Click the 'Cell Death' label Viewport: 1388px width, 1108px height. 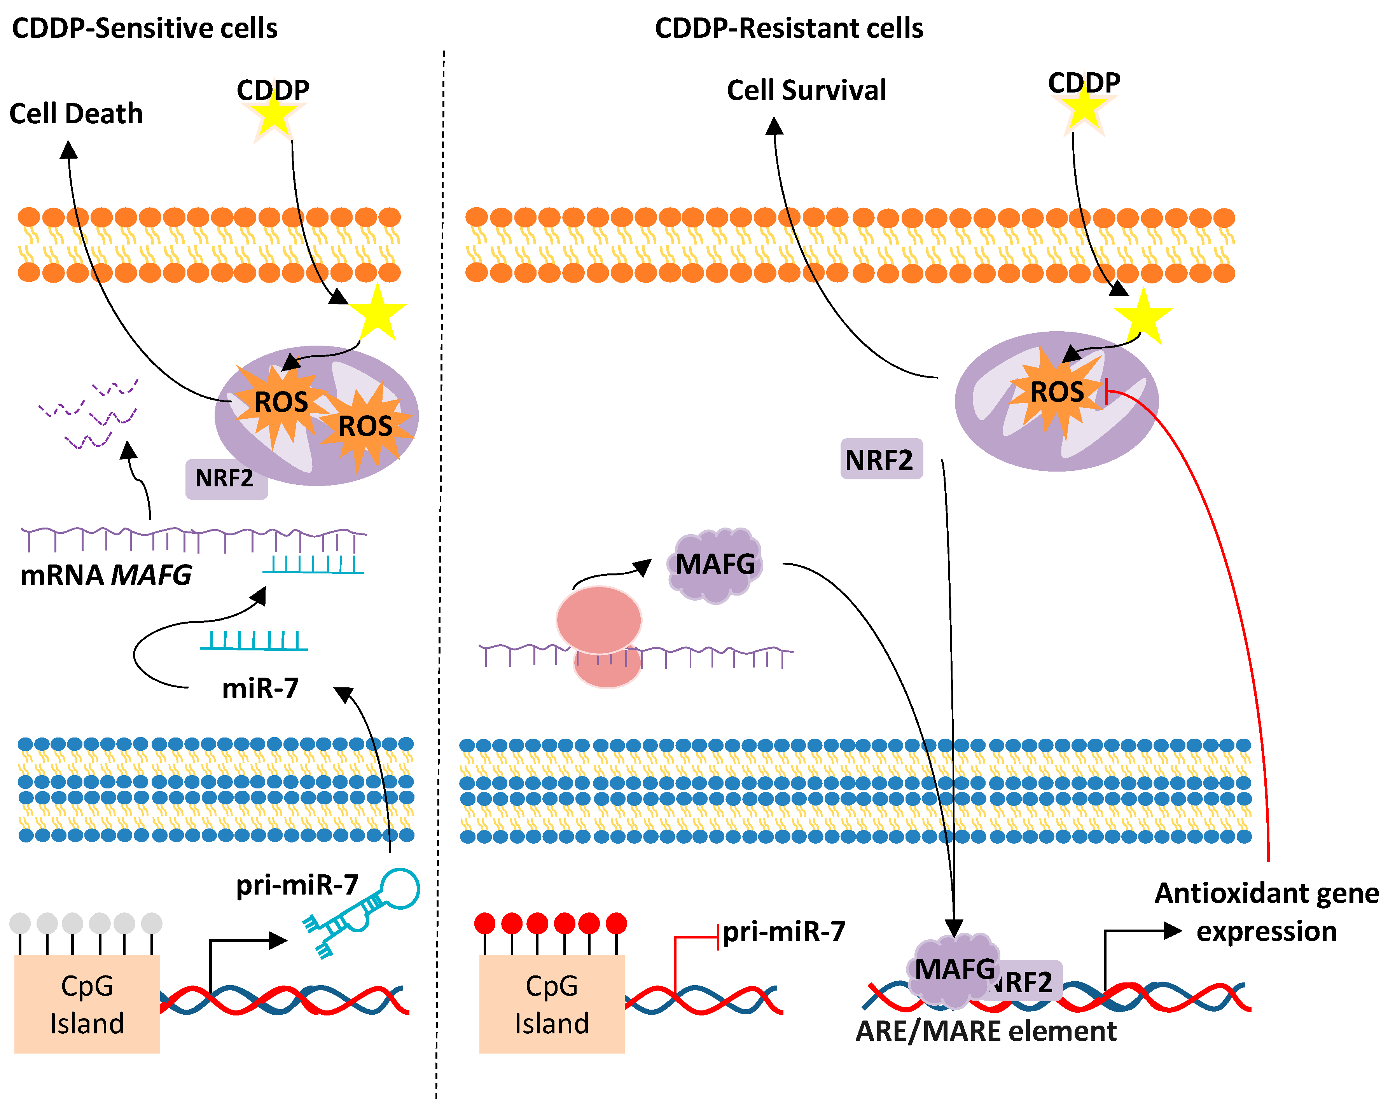coord(76,114)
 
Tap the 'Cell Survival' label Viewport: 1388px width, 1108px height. coord(807,90)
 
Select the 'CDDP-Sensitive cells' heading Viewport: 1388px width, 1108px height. coord(145,28)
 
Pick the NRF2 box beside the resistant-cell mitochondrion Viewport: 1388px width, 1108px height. coord(881,459)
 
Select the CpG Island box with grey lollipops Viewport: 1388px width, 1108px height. coord(87,1004)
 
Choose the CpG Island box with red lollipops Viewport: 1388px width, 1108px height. coord(552,1004)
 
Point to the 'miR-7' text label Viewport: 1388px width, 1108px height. coord(260,688)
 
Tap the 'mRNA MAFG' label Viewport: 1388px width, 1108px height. coord(106,575)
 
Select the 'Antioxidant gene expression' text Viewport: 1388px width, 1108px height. coord(1266,912)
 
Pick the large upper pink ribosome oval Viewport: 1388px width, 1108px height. coord(599,620)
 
